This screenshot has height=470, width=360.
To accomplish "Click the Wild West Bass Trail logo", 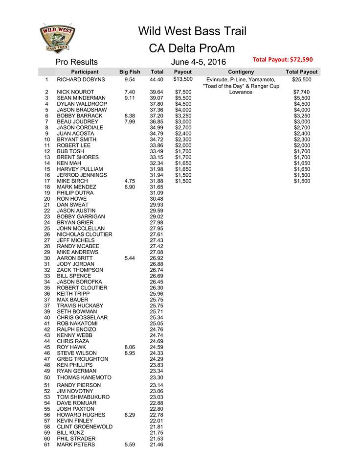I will point(57,37).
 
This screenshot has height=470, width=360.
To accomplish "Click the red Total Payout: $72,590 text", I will point(283,59).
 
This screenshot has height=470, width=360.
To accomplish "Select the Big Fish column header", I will point(130,72).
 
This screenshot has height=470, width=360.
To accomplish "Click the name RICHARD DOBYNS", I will point(81,79).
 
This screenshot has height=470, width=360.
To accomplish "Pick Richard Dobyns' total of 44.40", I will point(157,79).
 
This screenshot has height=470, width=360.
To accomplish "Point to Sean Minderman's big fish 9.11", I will point(130,98).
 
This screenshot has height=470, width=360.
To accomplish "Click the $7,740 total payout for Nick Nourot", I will point(301,92).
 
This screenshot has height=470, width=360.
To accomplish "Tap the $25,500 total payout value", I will point(301,79).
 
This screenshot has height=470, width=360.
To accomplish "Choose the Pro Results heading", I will point(76,62).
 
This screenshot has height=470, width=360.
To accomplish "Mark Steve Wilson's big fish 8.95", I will point(130,353).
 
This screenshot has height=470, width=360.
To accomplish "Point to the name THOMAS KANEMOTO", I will point(84,377).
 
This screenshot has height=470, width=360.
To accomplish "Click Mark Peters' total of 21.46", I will point(157,445).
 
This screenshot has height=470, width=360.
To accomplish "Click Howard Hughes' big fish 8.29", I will point(130,415).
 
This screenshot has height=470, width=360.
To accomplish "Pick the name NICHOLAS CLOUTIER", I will point(84,235).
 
